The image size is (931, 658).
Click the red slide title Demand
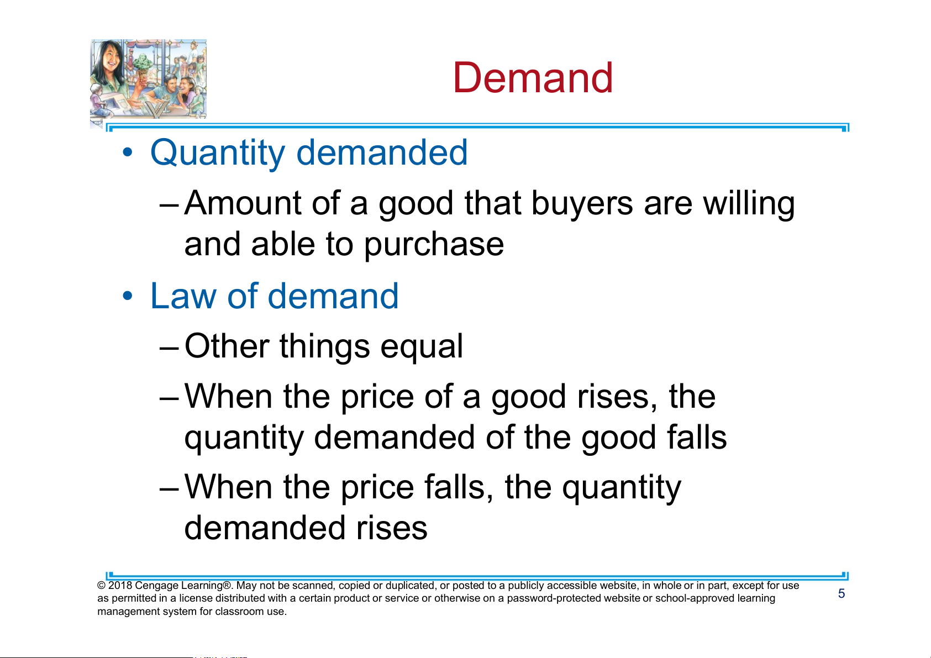[x=533, y=78]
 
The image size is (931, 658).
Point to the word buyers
[x=582, y=204]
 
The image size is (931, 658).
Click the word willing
[x=749, y=204]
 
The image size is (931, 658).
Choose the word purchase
[x=434, y=245]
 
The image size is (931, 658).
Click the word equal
[x=422, y=348]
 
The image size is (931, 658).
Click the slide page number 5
[x=841, y=593]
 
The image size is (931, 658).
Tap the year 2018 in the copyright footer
[x=120, y=585]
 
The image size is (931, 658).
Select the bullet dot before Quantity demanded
[x=127, y=152]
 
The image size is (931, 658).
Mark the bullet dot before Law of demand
[x=127, y=296]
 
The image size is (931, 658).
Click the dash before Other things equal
[x=169, y=348]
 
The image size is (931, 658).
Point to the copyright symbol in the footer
[x=102, y=586]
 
